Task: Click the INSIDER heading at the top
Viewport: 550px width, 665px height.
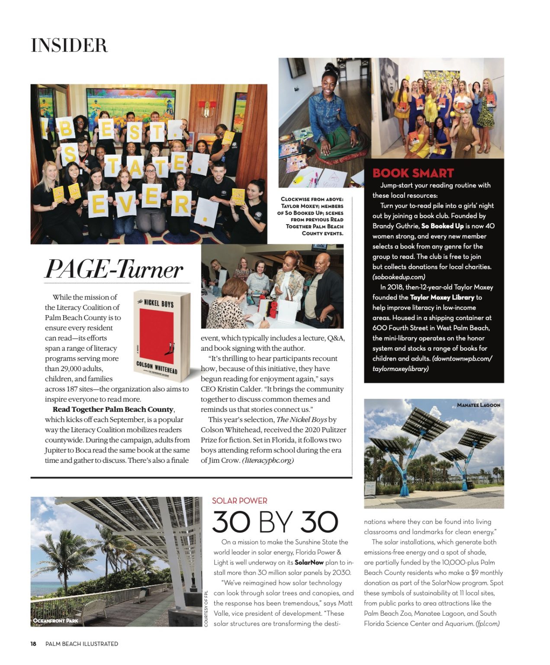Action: point(69,45)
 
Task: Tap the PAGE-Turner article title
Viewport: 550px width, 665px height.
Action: point(114,269)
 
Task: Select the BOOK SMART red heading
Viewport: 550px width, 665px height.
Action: point(413,173)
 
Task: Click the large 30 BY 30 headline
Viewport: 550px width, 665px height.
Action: point(275,522)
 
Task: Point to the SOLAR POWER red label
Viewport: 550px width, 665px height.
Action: point(239,501)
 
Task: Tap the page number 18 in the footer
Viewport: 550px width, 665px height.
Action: point(33,644)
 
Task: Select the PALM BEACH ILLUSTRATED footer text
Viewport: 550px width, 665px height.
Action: point(82,644)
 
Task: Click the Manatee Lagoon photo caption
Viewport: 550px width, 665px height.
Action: point(478,405)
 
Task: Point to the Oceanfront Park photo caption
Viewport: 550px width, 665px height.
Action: point(56,620)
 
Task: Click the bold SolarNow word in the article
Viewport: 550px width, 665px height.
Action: point(309,562)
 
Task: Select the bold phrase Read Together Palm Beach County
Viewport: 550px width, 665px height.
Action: point(113,410)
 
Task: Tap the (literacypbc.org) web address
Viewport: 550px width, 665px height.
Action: point(268,461)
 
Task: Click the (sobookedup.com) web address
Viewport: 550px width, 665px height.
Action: point(399,277)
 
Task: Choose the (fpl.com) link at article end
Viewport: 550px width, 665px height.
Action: point(487,624)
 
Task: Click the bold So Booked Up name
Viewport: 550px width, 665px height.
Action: point(442,226)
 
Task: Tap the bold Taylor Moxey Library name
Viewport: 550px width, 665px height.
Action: point(442,297)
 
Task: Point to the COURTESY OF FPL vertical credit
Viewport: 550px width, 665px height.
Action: point(206,608)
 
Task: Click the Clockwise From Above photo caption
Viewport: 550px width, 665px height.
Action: point(312,216)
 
